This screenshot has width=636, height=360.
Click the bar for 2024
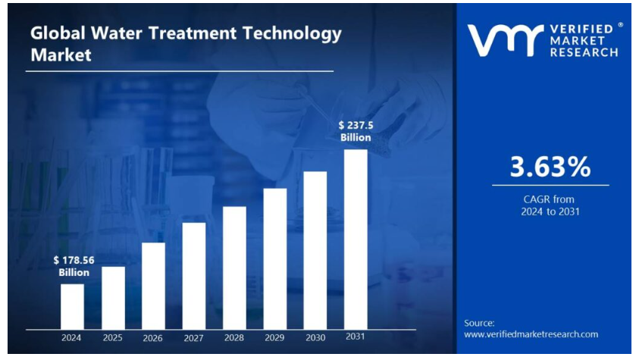[x=72, y=306]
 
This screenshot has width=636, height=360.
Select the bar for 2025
[x=113, y=298]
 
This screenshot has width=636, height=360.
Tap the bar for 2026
[x=153, y=286]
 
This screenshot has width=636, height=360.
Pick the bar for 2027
[x=193, y=276]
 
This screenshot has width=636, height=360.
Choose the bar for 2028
[x=234, y=268]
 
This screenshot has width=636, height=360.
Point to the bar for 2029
[x=274, y=258]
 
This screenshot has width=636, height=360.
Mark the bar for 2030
[x=315, y=250]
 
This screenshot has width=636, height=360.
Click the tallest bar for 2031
[x=356, y=239]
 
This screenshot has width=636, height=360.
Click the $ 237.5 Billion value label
[x=355, y=131]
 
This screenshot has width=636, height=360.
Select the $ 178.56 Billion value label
[x=74, y=266]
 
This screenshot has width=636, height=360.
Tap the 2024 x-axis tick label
[x=72, y=337]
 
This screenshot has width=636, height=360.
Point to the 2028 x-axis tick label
[x=234, y=337]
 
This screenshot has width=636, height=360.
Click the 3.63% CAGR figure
[x=550, y=167]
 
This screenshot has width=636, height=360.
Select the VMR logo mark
[x=505, y=40]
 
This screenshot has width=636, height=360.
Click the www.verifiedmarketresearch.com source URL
[x=531, y=334]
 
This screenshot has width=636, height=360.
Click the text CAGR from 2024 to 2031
[x=550, y=205]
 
